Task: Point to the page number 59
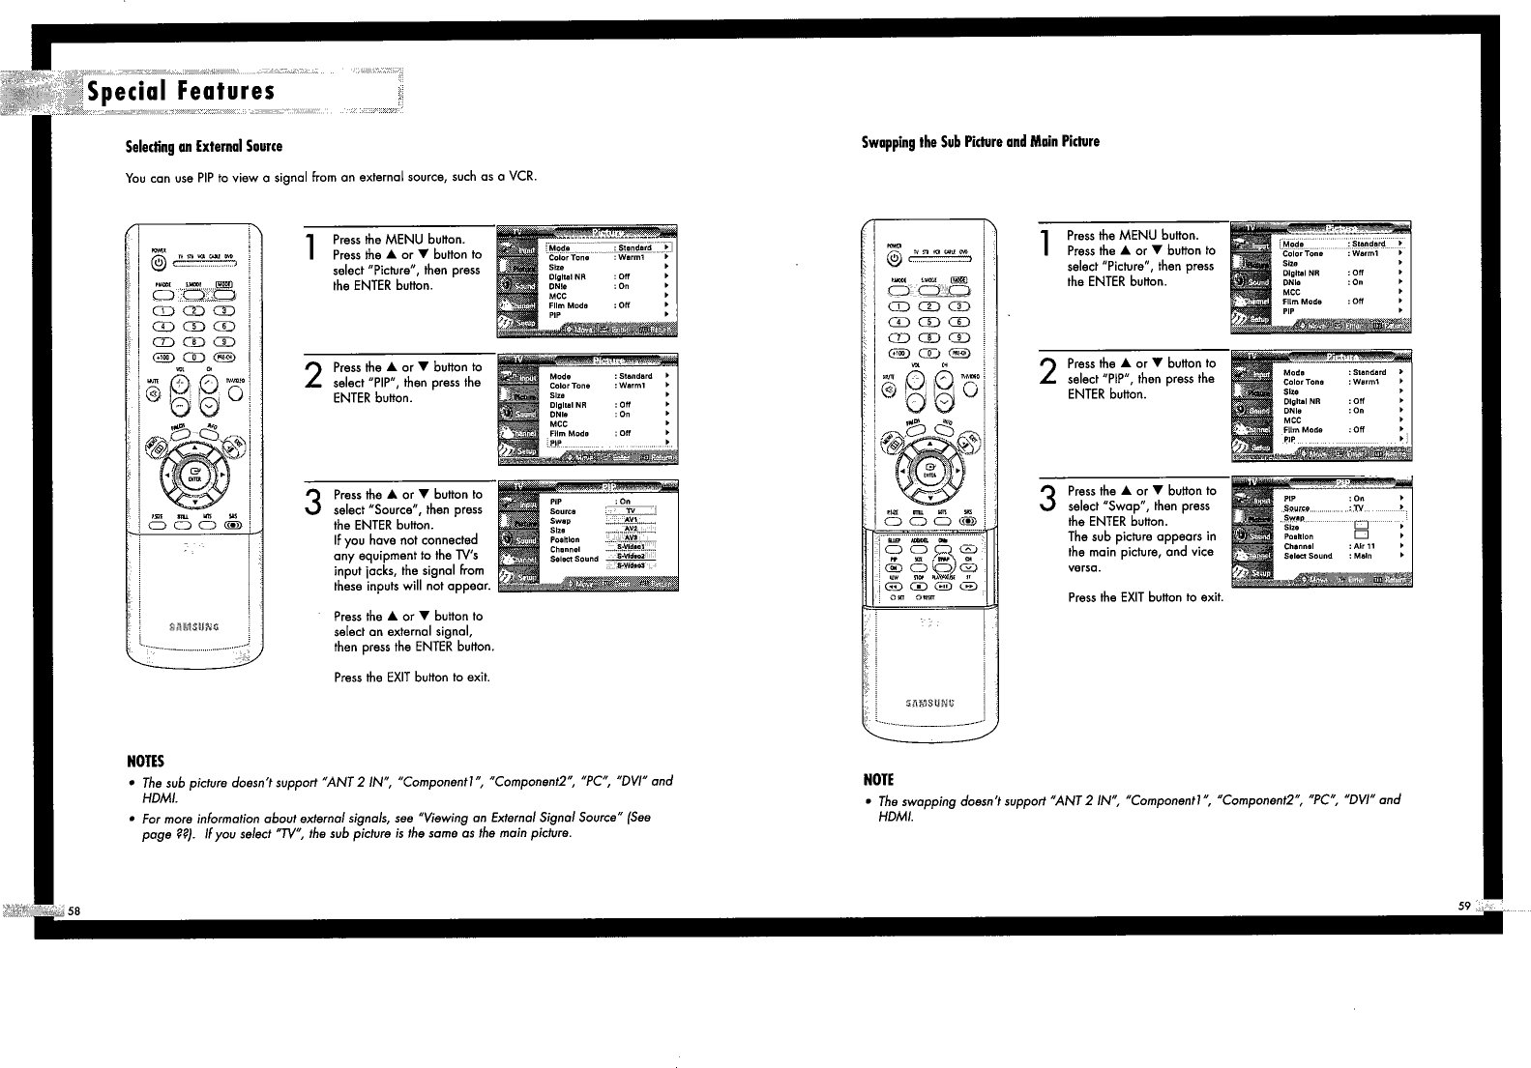pos(1463,906)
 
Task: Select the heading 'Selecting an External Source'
pos(204,147)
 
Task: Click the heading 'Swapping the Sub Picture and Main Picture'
pos(980,142)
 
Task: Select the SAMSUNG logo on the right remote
pos(927,703)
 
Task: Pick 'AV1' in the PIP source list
pos(631,520)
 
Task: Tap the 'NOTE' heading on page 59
pos(879,779)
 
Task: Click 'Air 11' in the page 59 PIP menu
pos(1364,546)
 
